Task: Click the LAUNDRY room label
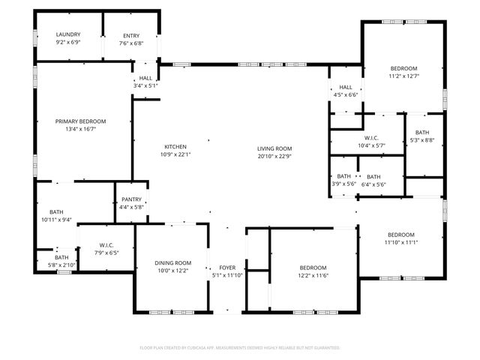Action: coord(68,34)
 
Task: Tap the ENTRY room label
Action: coord(131,35)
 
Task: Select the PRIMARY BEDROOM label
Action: coord(80,121)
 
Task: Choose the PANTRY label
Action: coord(131,199)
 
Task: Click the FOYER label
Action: coord(226,268)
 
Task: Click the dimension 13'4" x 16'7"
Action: coord(80,129)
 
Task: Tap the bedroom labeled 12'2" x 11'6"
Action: coord(313,268)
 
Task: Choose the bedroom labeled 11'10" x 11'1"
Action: coord(401,234)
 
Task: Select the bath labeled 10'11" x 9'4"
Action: coord(56,211)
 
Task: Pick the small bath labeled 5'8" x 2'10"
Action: coord(61,257)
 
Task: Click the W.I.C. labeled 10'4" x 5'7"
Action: coord(371,137)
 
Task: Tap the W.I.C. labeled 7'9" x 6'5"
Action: coord(106,245)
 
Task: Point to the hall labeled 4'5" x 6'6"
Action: coord(345,87)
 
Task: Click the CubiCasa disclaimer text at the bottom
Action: coord(240,348)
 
